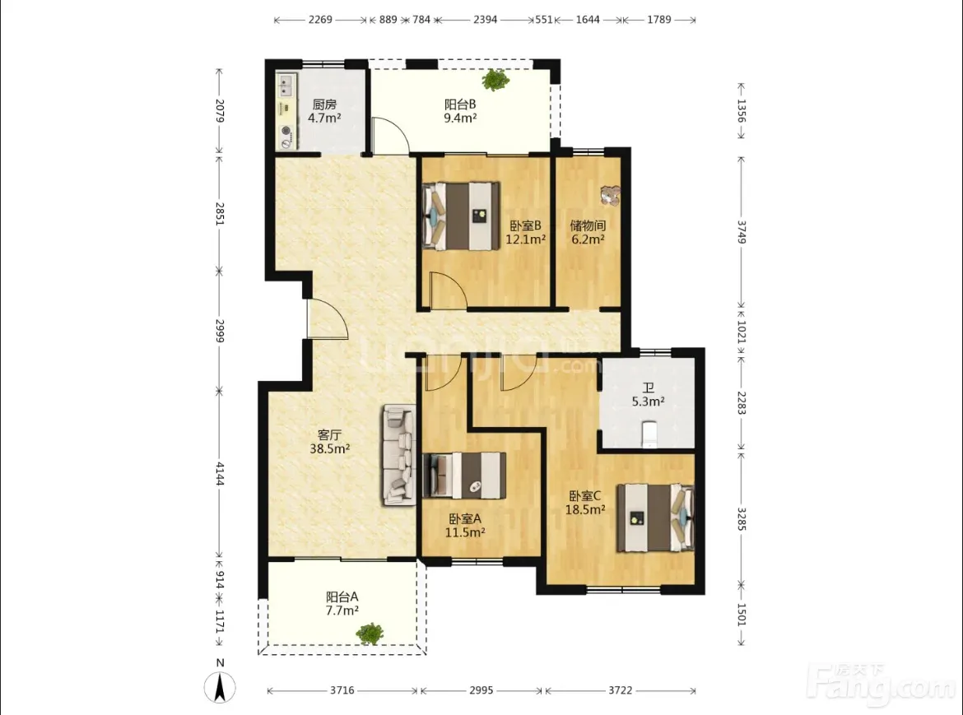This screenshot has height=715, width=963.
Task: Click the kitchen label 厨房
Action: [x=324, y=104]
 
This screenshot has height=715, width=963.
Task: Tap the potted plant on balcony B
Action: [x=495, y=79]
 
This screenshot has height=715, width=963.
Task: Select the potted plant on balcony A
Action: [x=370, y=634]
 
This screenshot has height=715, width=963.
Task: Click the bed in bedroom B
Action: [x=461, y=216]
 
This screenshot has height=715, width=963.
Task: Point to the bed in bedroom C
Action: [x=655, y=518]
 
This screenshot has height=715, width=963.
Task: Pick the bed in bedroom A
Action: [x=464, y=475]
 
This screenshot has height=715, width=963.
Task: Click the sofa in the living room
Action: [x=398, y=455]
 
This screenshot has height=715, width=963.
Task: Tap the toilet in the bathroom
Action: [x=649, y=434]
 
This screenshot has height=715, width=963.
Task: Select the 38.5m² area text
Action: [x=330, y=448]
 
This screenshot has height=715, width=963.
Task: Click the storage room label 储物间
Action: [x=588, y=225]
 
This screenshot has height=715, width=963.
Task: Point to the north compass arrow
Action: [x=219, y=687]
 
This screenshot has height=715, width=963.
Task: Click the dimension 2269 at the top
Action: [x=320, y=20]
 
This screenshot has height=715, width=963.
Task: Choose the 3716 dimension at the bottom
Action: [x=342, y=690]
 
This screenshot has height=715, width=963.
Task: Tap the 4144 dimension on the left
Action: [x=220, y=474]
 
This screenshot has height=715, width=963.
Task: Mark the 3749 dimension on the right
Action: [x=742, y=232]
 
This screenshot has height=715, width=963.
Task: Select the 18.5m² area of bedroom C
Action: [x=585, y=509]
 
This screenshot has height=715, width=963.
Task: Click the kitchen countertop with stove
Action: [x=286, y=111]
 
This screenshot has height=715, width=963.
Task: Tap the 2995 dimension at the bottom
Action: [x=481, y=690]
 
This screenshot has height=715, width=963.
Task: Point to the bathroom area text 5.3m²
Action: [x=648, y=402]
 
